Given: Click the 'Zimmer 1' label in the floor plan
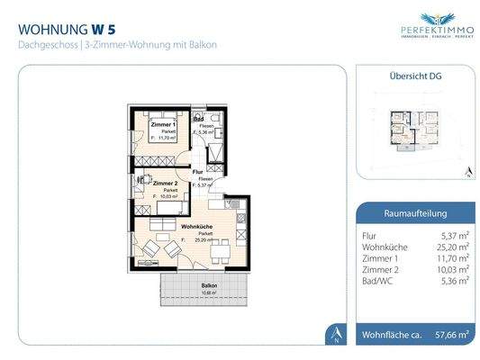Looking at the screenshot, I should click(162, 123).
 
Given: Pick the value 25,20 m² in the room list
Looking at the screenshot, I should click(453, 245).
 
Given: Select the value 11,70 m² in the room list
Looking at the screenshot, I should click(453, 256).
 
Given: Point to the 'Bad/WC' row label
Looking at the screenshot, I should click(375, 280).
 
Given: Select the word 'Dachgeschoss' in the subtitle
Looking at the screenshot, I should click(41, 44).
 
